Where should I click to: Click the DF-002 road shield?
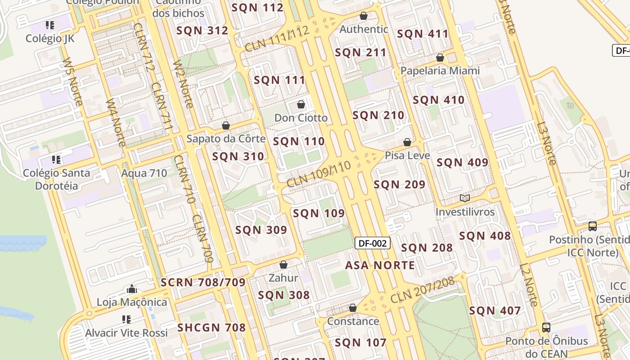pyautogui.click(x=373, y=243)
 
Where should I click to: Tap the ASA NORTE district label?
pyautogui.click(x=380, y=265)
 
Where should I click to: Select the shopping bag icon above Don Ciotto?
pyautogui.click(x=301, y=105)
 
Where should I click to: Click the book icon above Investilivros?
pyautogui.click(x=465, y=198)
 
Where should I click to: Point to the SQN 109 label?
pyautogui.click(x=319, y=213)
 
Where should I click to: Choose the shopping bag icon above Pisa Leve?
pyautogui.click(x=407, y=142)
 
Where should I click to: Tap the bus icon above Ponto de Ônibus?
pyautogui.click(x=546, y=328)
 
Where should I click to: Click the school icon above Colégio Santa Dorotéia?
pyautogui.click(x=56, y=160)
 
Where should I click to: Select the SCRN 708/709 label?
pyautogui.click(x=203, y=283)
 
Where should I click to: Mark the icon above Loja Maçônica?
pyautogui.click(x=132, y=289)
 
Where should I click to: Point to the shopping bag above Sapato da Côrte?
pyautogui.click(x=226, y=126)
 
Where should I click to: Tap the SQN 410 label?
pyautogui.click(x=438, y=100)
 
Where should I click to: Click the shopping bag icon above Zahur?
pyautogui.click(x=283, y=265)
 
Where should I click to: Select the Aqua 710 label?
pyautogui.click(x=144, y=173)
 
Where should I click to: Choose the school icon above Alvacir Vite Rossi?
pyautogui.click(x=126, y=319)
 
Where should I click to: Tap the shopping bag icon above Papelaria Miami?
pyautogui.click(x=440, y=58)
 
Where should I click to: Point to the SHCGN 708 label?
pyautogui.click(x=211, y=328)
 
